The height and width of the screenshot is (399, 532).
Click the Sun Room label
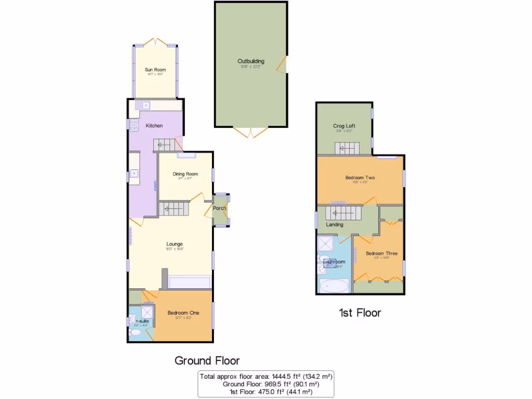(155, 69)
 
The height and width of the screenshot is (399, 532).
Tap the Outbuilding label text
(251, 61)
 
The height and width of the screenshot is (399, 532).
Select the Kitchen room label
(154, 126)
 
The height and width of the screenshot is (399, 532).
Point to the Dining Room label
(185, 174)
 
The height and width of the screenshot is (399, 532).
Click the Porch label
(220, 208)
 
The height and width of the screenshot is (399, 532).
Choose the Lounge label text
(174, 244)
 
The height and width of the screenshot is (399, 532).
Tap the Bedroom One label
(183, 313)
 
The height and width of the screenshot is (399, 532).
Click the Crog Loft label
(344, 126)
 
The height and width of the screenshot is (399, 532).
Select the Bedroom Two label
(360, 178)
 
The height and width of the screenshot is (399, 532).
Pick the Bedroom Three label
(381, 254)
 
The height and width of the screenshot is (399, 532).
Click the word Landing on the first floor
(334, 225)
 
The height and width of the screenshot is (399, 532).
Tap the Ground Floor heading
(207, 360)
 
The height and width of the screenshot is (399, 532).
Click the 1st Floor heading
(360, 313)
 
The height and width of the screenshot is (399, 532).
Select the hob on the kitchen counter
(134, 125)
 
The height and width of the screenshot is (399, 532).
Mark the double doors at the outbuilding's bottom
(251, 132)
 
